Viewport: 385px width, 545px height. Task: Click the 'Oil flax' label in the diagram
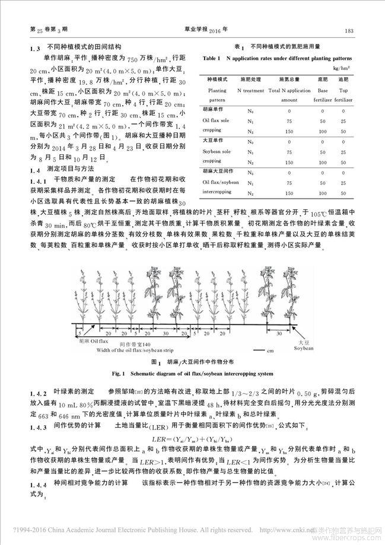click(93, 342)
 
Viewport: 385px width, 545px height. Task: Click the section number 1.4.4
click(38, 483)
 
